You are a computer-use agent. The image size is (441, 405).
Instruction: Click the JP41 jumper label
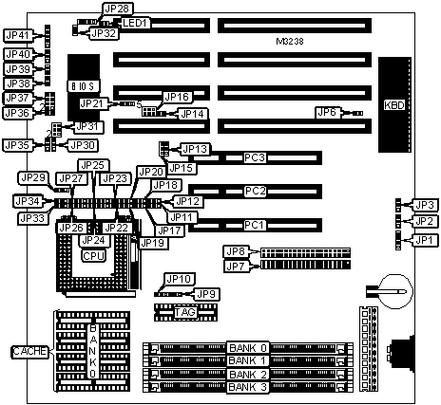[x=18, y=35]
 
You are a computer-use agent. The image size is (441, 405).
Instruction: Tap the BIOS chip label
[x=84, y=86]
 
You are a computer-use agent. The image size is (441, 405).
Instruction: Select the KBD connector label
[x=394, y=105]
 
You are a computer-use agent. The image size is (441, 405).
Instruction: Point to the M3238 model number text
[x=290, y=42]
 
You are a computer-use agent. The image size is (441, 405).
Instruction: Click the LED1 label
[x=135, y=23]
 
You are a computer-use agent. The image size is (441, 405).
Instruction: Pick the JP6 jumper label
[x=327, y=112]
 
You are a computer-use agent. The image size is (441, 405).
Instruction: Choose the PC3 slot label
[x=255, y=157]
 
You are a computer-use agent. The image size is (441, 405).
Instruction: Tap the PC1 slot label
[x=255, y=225]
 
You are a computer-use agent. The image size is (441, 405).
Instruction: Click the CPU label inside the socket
[x=93, y=255]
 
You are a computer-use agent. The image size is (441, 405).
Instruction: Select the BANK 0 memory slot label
[x=248, y=348]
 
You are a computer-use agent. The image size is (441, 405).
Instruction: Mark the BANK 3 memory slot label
[x=248, y=387]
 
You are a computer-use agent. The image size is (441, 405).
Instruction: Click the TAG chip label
[x=185, y=312]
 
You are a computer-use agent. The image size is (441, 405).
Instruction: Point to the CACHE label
[x=30, y=351]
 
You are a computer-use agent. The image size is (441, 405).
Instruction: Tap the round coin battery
[x=396, y=291]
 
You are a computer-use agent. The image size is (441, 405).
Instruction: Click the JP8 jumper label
[x=236, y=251]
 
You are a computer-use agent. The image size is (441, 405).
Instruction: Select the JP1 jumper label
[x=424, y=240]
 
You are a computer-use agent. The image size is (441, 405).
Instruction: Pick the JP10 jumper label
[x=180, y=279]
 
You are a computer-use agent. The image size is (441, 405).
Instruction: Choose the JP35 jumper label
[x=18, y=145]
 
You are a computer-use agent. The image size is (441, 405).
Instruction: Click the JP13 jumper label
[x=195, y=149]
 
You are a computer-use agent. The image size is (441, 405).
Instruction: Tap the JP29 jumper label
[x=33, y=178]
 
